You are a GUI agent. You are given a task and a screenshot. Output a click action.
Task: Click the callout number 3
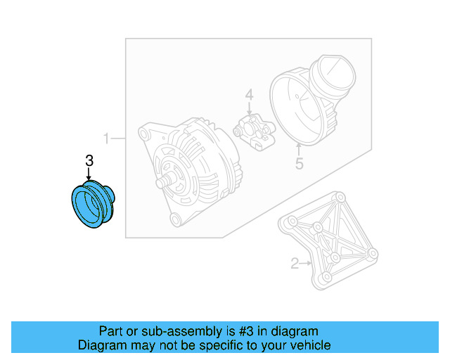click(89, 161)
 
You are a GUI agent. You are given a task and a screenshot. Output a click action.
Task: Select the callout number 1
click(107, 139)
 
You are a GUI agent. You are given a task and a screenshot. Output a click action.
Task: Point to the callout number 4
click(248, 95)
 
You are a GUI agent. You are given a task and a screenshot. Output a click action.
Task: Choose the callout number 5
click(299, 165)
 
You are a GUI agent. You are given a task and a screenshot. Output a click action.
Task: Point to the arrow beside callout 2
click(307, 264)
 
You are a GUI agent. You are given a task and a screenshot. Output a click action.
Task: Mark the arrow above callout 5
click(299, 150)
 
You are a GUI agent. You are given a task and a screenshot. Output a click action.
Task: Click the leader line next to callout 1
click(119, 139)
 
